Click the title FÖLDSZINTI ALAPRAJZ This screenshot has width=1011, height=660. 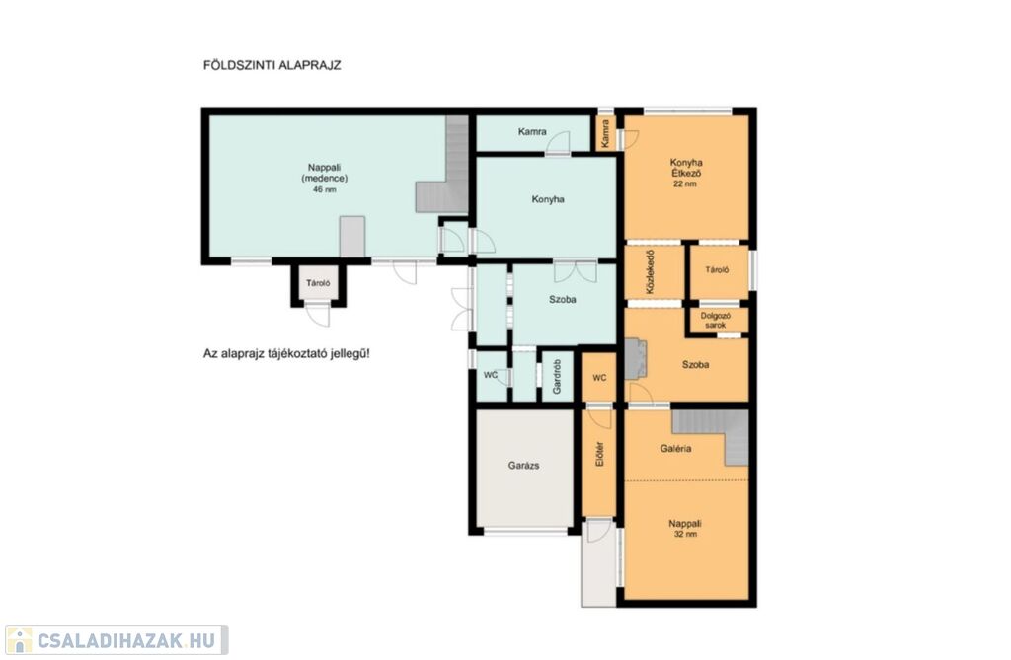pyautogui.click(x=272, y=65)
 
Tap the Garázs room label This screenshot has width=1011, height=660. pyautogui.click(x=523, y=466)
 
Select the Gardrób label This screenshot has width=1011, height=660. pyautogui.click(x=558, y=377)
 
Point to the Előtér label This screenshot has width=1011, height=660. pyautogui.click(x=599, y=454)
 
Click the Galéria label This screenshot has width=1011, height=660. pyautogui.click(x=675, y=449)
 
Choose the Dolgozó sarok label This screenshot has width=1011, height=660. pyautogui.click(x=716, y=321)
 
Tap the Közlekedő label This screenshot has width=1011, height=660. pyautogui.click(x=650, y=272)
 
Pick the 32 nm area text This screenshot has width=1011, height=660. pyautogui.click(x=685, y=534)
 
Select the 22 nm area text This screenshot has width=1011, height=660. pyautogui.click(x=685, y=183)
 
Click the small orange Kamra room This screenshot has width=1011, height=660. pyautogui.click(x=605, y=133)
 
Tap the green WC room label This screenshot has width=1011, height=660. pyautogui.click(x=491, y=375)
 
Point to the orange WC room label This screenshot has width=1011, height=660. pyautogui.click(x=599, y=378)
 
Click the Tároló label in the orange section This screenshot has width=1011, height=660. pyautogui.click(x=717, y=270)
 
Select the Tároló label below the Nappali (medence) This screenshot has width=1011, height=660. pyautogui.click(x=318, y=283)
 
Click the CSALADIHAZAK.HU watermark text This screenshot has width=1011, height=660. pyautogui.click(x=125, y=640)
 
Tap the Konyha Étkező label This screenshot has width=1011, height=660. pyautogui.click(x=686, y=168)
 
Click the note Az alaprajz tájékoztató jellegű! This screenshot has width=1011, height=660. pyautogui.click(x=286, y=354)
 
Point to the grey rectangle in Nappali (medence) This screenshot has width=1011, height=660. pyautogui.click(x=352, y=237)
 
